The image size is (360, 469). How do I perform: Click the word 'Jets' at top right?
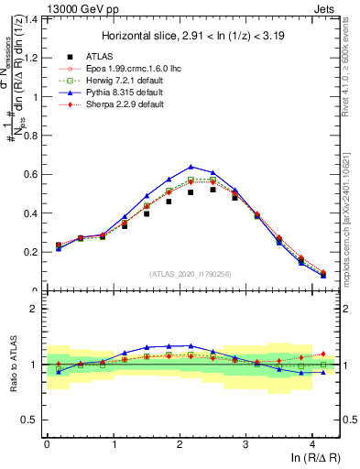pos(325,8)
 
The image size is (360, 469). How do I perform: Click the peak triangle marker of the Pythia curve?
pos(191,167)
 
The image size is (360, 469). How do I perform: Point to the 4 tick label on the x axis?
pos(312,442)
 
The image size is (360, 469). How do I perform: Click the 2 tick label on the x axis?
pos(180,442)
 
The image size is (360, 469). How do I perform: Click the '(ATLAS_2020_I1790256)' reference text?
pos(191,274)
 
